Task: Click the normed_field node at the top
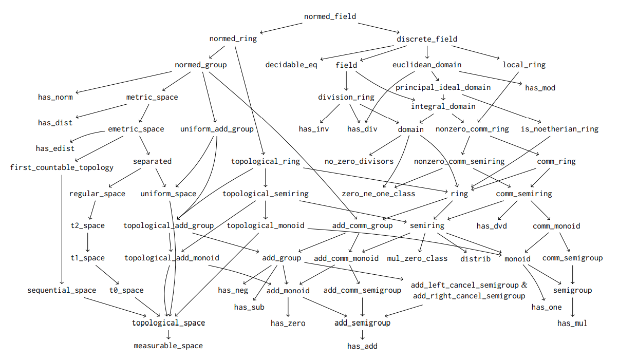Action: (330, 16)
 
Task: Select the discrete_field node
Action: (427, 39)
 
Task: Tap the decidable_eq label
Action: (291, 65)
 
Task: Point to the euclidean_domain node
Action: (427, 65)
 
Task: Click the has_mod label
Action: (540, 88)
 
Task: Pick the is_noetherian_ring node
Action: (559, 129)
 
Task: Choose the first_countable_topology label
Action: (62, 167)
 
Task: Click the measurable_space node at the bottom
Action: (168, 346)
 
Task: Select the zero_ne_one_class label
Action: (379, 194)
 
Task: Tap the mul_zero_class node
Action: (417, 258)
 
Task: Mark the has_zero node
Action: (288, 324)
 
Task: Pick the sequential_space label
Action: (62, 290)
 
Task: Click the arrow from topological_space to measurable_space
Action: (168, 334)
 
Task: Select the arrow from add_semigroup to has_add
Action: (363, 335)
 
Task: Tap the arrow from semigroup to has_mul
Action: (573, 307)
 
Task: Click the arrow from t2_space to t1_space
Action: (88, 242)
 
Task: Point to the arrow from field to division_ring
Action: (347, 81)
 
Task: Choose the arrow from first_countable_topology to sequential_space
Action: (62, 229)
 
